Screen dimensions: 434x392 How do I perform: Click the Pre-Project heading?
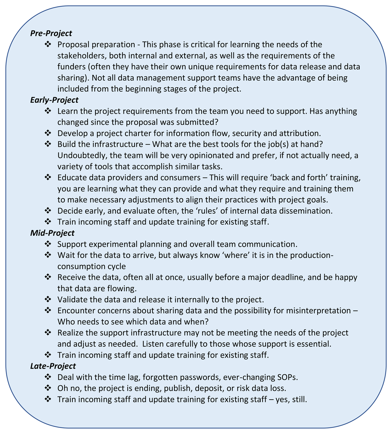51,33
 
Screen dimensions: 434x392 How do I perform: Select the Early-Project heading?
54,100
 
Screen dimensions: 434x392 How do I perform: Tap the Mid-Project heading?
52,233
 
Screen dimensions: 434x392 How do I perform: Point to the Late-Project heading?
53,366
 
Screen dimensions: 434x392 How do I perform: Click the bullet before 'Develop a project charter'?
48,133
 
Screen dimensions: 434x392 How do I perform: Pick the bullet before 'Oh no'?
48,388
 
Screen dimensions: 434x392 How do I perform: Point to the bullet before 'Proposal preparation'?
48,44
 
